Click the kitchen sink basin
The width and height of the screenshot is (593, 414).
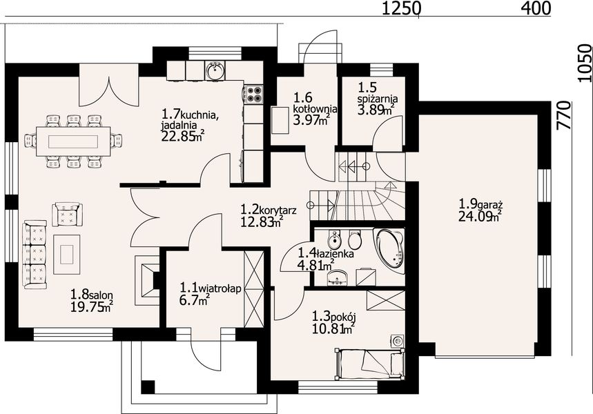[215, 70]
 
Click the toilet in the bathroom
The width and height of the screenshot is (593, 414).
[355, 239]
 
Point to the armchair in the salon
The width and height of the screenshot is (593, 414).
[68, 215]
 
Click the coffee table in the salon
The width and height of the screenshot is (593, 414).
[66, 255]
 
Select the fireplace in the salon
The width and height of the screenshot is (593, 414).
[147, 279]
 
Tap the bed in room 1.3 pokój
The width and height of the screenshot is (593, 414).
[369, 364]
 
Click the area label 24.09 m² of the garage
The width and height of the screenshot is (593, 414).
[480, 216]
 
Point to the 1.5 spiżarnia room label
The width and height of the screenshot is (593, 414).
[378, 93]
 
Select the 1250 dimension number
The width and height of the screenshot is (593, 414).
[400, 8]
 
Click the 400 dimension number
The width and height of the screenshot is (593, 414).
[536, 8]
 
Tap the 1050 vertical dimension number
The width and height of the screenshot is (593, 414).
[584, 63]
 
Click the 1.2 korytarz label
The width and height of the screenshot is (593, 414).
[269, 210]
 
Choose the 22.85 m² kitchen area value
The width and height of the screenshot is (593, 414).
[183, 135]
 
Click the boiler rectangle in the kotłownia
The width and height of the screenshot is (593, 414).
[280, 120]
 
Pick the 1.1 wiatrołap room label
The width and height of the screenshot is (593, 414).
[211, 288]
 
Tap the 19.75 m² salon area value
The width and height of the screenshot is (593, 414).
[92, 306]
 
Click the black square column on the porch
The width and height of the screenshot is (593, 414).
[148, 387]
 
